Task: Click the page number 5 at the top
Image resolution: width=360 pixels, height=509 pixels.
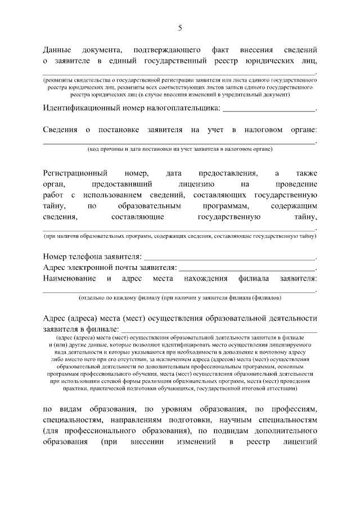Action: coord(180,28)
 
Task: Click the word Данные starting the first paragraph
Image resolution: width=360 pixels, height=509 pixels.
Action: coord(58,49)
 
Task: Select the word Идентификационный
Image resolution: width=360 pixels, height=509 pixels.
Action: coord(82,107)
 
